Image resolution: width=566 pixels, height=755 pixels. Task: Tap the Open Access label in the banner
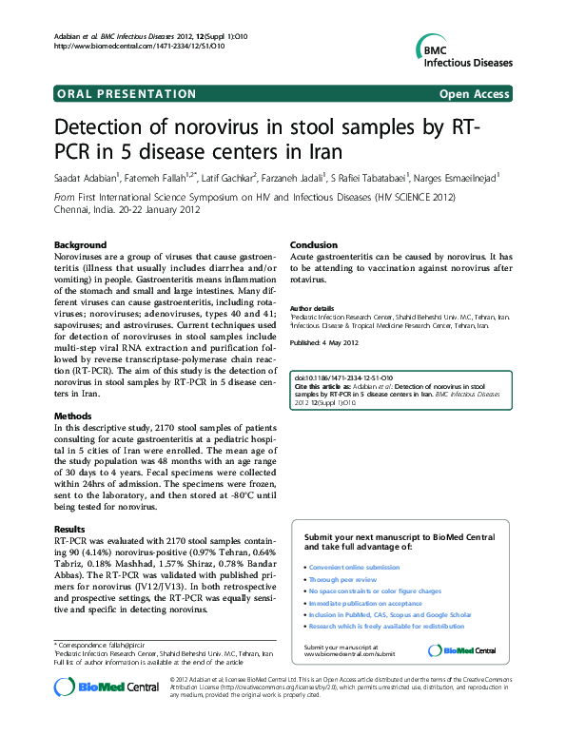[x=475, y=94]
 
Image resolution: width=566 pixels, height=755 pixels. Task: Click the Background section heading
[x=79, y=244]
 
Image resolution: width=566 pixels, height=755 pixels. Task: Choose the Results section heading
[x=69, y=528]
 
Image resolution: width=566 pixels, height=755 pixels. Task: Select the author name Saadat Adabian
[x=85, y=177]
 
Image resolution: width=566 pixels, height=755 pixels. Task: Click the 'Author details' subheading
[x=312, y=309]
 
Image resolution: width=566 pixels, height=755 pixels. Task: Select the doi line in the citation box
[x=345, y=378]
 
